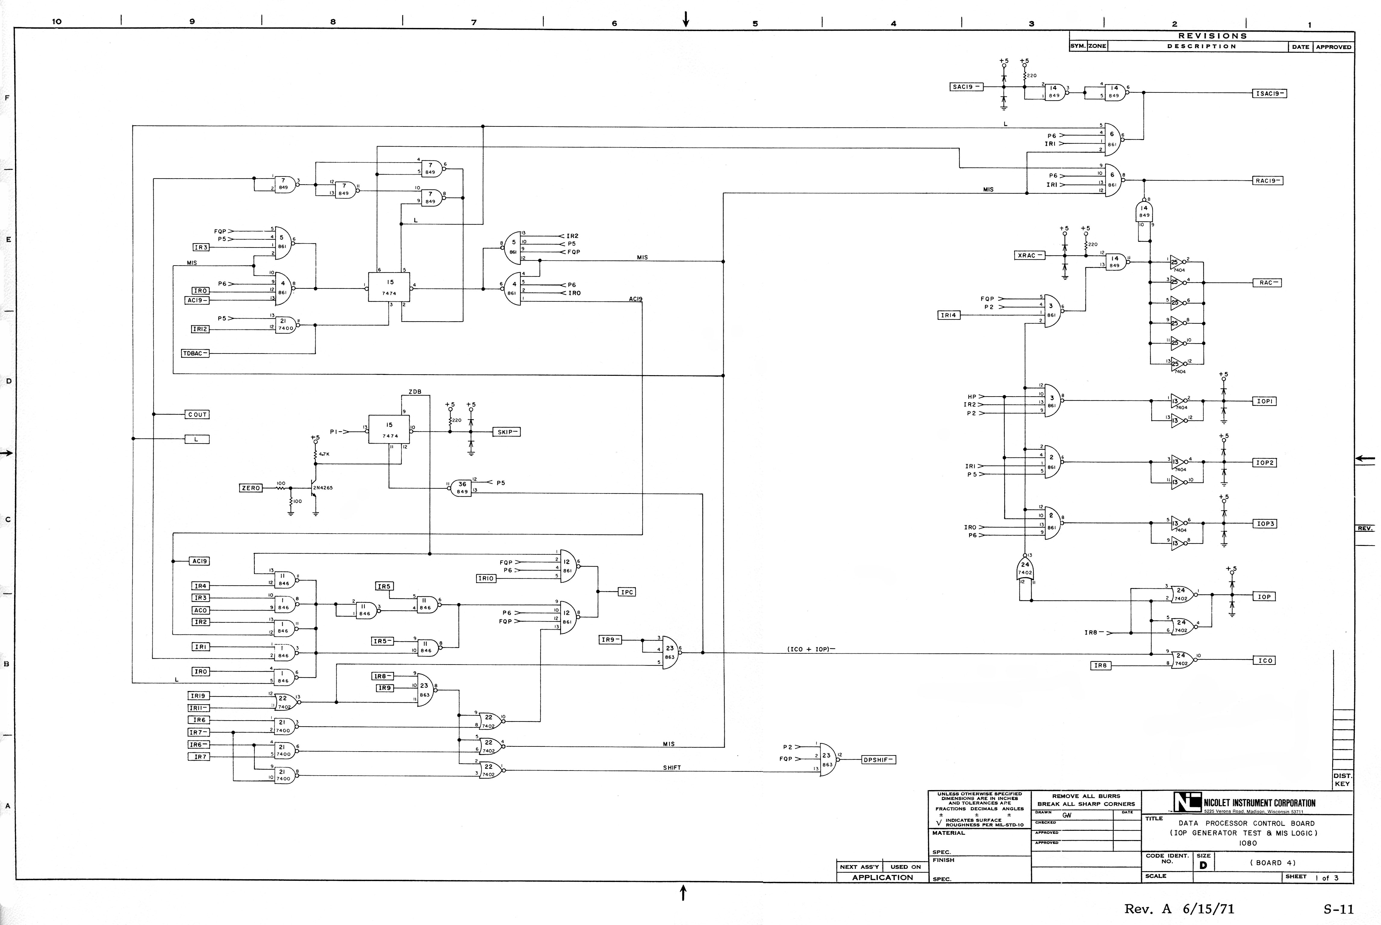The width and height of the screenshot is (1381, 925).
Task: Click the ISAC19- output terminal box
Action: coord(1269,93)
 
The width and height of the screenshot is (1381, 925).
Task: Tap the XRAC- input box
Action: coord(1029,255)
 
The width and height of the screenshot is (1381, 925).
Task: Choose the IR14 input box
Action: coord(949,315)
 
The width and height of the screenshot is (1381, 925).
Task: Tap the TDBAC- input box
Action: coord(195,353)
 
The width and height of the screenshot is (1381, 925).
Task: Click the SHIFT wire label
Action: coord(671,768)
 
